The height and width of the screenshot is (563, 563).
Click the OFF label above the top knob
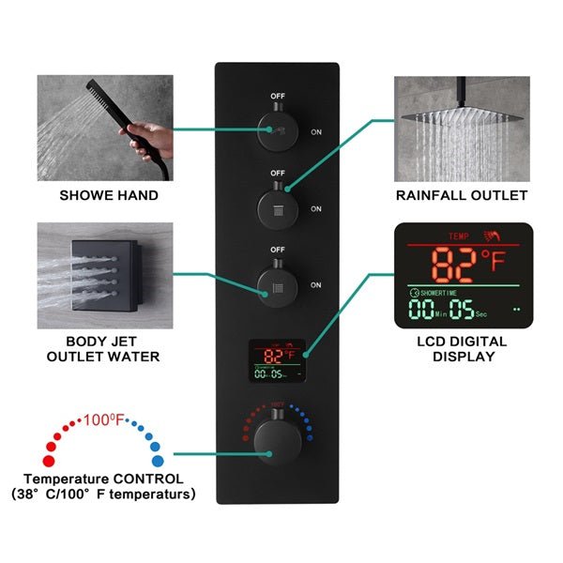coord(278,96)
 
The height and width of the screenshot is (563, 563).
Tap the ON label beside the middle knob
coord(316,209)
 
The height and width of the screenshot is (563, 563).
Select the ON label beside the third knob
coord(316,285)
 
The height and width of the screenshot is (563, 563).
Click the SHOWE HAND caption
coord(109,196)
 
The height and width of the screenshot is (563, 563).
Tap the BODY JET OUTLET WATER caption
coord(110,348)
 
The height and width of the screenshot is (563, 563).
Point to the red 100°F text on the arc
coord(104,418)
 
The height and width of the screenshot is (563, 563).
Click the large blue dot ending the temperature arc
coord(157,460)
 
